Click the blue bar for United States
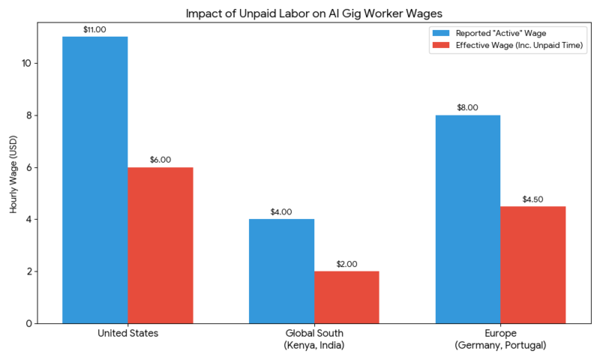(95, 180)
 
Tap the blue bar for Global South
(281, 271)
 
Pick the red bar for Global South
(346, 297)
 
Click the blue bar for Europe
(467, 219)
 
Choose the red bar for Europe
(532, 265)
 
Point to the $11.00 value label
(95, 28)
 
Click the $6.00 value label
(160, 159)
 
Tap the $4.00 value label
(281, 211)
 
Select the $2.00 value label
(346, 263)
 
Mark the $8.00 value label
(467, 107)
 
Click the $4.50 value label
(532, 199)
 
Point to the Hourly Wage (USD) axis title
(14, 175)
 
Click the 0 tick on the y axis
(28, 323)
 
